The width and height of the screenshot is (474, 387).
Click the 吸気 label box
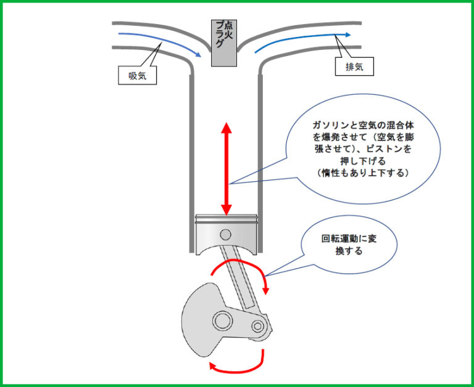(137, 75)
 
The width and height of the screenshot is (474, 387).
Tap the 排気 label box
(354, 67)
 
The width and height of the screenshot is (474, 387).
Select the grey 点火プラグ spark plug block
(223, 43)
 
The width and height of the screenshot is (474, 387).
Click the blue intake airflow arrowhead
(197, 55)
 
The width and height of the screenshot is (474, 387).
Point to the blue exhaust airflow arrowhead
(348, 35)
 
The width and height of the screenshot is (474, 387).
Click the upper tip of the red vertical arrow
(227, 123)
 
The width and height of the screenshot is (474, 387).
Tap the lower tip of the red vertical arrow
(227, 215)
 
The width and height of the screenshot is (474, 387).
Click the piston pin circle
(225, 235)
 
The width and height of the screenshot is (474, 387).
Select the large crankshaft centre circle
(222, 320)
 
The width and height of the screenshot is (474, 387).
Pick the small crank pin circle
(258, 326)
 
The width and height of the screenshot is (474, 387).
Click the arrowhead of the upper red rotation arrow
(266, 291)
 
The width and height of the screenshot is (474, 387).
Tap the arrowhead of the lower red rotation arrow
(212, 366)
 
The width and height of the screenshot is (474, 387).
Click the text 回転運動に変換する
(349, 245)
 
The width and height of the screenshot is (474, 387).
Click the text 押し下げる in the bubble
(363, 161)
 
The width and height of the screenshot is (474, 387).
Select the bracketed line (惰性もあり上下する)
(363, 173)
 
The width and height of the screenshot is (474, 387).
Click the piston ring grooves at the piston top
(226, 219)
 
